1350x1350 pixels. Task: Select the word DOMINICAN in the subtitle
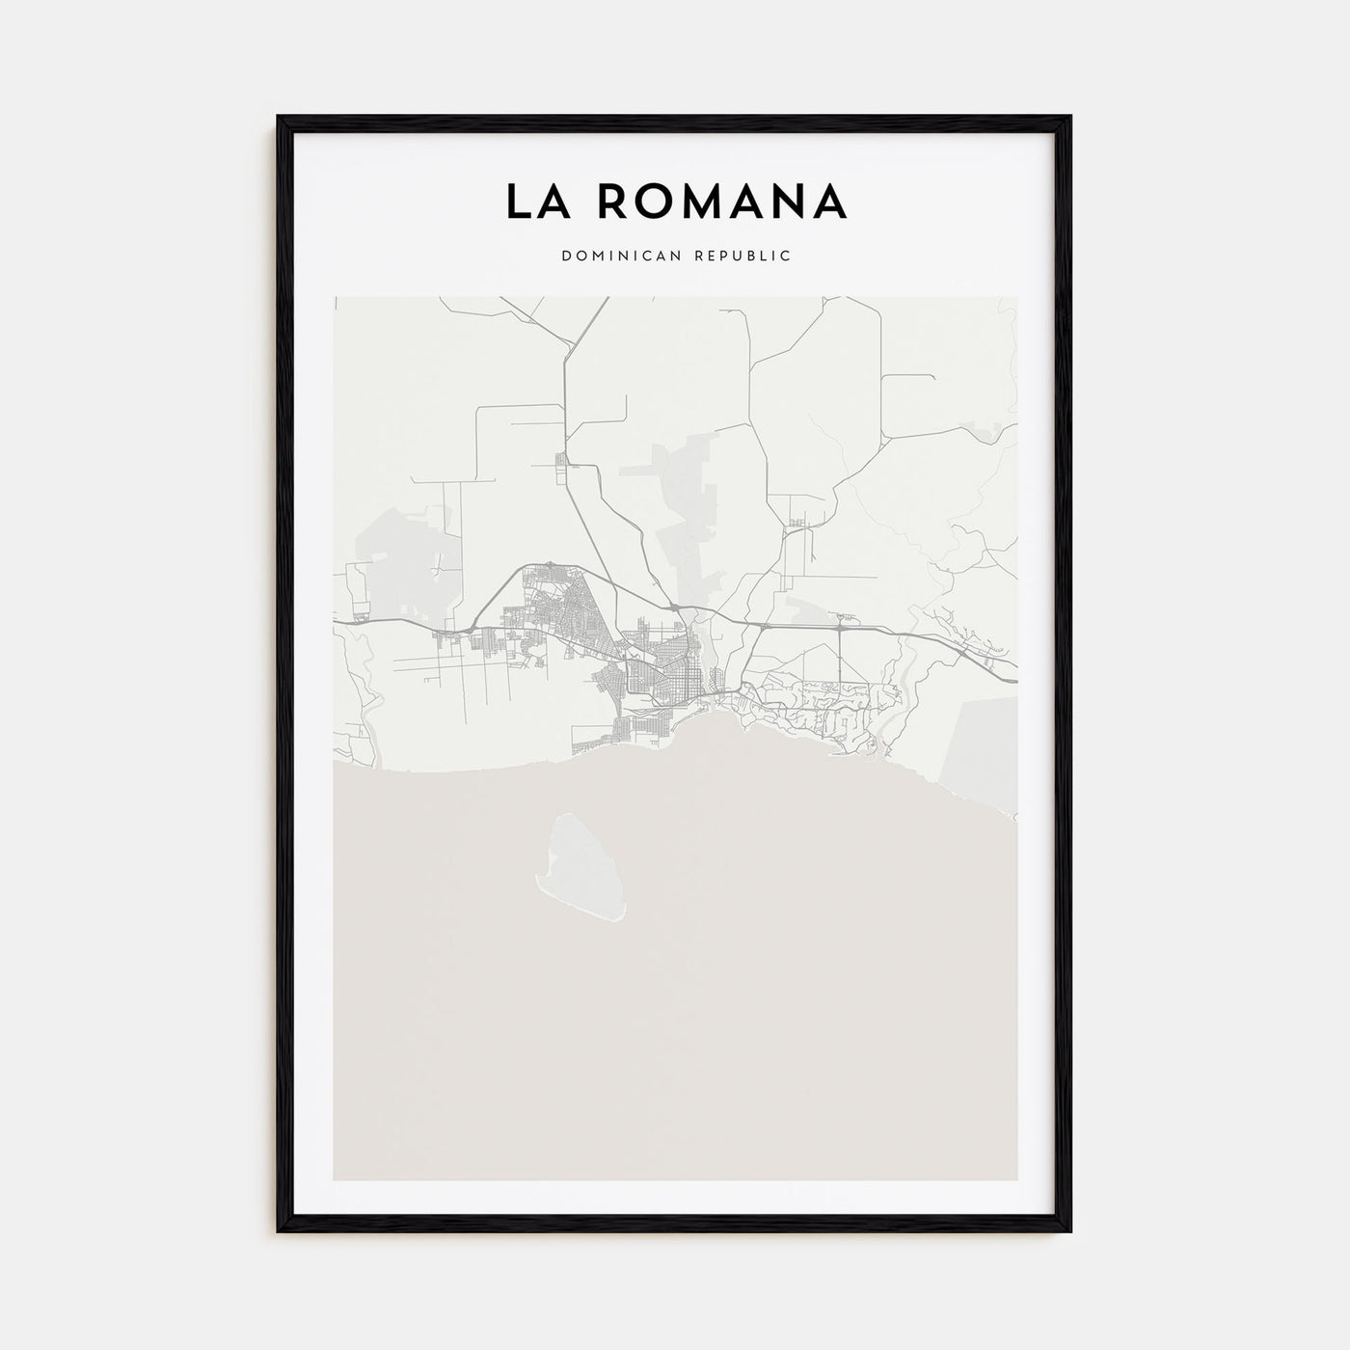click(x=616, y=256)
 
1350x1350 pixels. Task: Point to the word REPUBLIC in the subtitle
click(x=745, y=256)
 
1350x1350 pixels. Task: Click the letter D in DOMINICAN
click(x=563, y=256)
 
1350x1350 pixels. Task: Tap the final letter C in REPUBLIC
click(x=787, y=256)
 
